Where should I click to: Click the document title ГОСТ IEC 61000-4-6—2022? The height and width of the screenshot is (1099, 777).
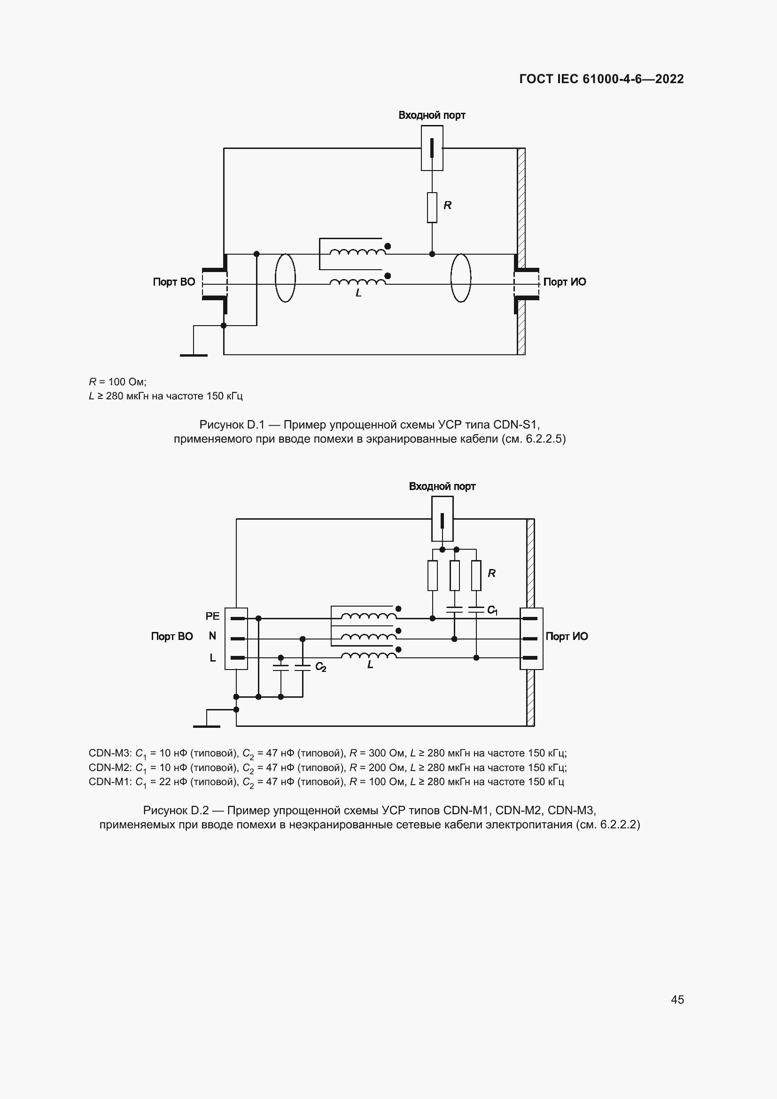coord(601,79)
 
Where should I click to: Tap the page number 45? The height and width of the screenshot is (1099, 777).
coord(677,999)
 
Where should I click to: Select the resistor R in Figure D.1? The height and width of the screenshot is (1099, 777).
coord(432,207)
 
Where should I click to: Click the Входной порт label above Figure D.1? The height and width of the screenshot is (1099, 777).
coord(432,116)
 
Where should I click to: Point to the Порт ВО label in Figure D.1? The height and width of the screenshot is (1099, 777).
coord(174,282)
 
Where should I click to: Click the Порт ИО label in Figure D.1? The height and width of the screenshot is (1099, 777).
coord(565,282)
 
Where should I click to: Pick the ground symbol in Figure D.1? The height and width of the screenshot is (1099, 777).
coord(194,355)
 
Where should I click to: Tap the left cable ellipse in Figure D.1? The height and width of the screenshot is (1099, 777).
coord(285,278)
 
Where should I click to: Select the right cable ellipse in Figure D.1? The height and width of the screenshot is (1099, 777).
coord(461,278)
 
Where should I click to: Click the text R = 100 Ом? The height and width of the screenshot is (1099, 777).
coord(118,382)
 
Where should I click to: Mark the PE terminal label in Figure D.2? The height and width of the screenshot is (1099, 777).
coord(212,616)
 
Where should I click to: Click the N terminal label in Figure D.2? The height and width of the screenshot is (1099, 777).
coord(212,636)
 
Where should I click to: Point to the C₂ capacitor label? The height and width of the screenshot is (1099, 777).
coord(320,667)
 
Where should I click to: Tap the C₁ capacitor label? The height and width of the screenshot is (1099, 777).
coord(492,610)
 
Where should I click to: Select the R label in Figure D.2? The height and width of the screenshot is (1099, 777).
coord(491,573)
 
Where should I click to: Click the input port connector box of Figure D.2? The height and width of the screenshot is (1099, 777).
coord(443,518)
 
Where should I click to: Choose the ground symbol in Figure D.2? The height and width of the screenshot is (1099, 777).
coord(207,726)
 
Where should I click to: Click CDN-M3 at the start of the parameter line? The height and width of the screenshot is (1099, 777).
coord(109,753)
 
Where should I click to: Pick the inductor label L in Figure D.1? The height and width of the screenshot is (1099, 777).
coord(358,293)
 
